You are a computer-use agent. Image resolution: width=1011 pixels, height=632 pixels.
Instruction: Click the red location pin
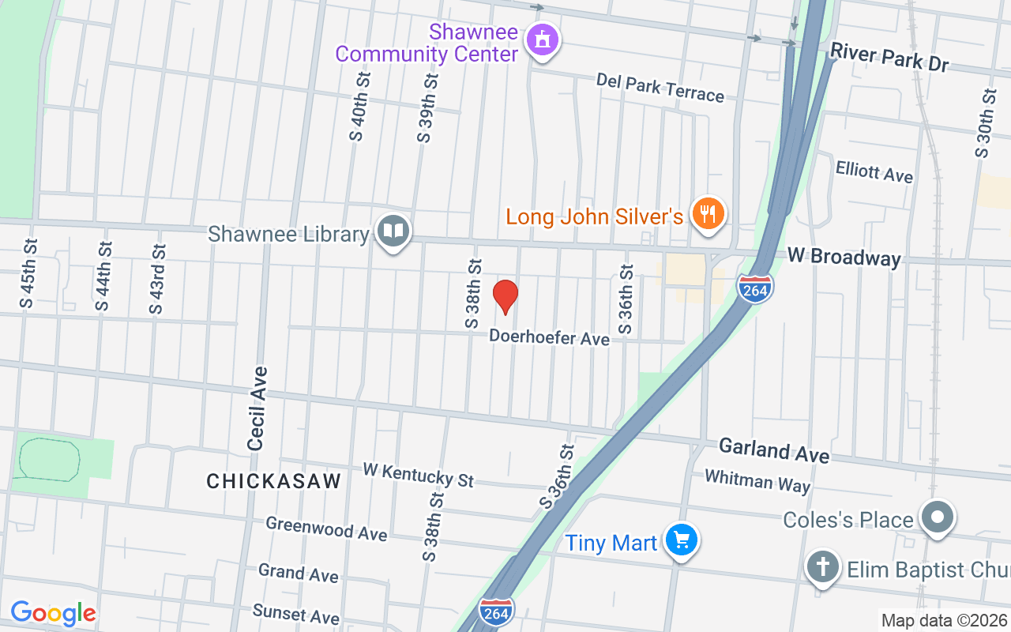pyautogui.click(x=505, y=296)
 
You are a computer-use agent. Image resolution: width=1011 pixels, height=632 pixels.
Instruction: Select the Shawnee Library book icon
pyautogui.click(x=393, y=231)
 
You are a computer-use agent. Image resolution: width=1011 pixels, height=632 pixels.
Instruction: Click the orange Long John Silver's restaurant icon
pyautogui.click(x=708, y=213)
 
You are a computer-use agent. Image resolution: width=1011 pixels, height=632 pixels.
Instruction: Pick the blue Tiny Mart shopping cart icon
pyautogui.click(x=681, y=540)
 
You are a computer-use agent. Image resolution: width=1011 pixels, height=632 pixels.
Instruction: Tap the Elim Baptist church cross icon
pyautogui.click(x=822, y=567)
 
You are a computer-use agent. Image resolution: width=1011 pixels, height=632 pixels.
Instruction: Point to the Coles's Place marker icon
pyautogui.click(x=938, y=518)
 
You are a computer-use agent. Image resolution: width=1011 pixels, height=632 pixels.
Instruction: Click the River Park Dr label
pyautogui.click(x=889, y=58)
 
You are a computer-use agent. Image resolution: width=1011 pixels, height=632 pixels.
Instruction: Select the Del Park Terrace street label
pyautogui.click(x=660, y=88)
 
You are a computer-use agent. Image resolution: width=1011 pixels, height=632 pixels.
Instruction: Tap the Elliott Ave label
pyautogui.click(x=874, y=171)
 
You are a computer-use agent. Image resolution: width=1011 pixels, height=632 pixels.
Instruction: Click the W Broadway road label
pyautogui.click(x=844, y=258)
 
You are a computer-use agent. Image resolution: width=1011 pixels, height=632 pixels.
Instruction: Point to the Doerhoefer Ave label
pyautogui.click(x=549, y=337)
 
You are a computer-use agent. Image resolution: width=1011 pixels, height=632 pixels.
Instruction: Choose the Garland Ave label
pyautogui.click(x=774, y=451)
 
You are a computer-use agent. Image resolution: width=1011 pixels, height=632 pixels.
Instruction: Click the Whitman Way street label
pyautogui.click(x=757, y=480)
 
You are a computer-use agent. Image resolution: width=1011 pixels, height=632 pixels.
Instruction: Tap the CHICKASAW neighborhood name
pyautogui.click(x=273, y=481)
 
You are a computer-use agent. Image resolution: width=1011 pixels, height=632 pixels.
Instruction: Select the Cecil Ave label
pyautogui.click(x=257, y=408)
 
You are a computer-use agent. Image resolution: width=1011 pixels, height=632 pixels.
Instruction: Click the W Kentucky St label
pyautogui.click(x=418, y=475)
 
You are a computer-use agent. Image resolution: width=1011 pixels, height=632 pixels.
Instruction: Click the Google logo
pyautogui.click(x=53, y=613)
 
